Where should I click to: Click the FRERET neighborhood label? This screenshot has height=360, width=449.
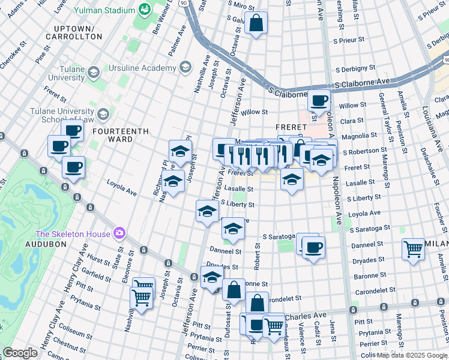(291, 127)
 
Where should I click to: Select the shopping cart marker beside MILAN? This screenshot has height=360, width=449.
(413, 248)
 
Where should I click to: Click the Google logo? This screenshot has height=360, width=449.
(20, 353)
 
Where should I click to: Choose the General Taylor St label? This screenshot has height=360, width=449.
(385, 111)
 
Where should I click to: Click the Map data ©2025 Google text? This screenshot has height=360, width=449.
(412, 355)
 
